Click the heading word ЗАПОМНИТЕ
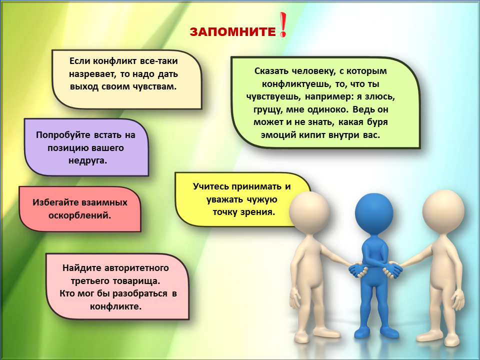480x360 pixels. tap(232, 32)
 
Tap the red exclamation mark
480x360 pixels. tap(283, 25)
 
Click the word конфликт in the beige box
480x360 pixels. tap(115, 61)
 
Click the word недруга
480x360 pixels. tap(88, 160)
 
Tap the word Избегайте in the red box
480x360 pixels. tap(55, 202)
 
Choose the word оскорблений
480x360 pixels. tap(80, 215)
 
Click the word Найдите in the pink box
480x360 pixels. tap(81, 268)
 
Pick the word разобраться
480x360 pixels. tap(140, 293)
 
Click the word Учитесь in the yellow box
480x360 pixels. tap(210, 186)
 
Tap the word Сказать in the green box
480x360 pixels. tap(271, 71)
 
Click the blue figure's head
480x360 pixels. tap(374, 212)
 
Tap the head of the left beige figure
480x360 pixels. tap(309, 211)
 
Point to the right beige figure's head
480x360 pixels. tap(443, 211)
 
